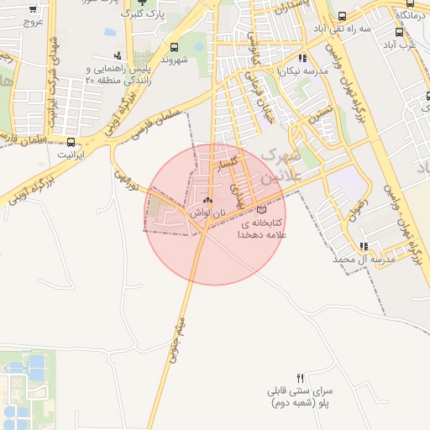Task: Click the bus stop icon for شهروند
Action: pos(174,47)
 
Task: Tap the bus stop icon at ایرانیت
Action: pos(71,142)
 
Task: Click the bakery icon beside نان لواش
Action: pos(207,201)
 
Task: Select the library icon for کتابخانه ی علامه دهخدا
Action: pos(261,209)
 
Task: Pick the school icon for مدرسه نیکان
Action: pos(302,59)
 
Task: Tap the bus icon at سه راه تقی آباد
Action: pos(341,16)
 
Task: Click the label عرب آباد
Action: pos(411,45)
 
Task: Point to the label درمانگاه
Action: pos(414,16)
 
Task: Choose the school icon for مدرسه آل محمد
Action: pos(364,247)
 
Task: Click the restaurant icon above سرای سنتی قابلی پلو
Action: pos(301,377)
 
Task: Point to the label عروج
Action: pos(33,22)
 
